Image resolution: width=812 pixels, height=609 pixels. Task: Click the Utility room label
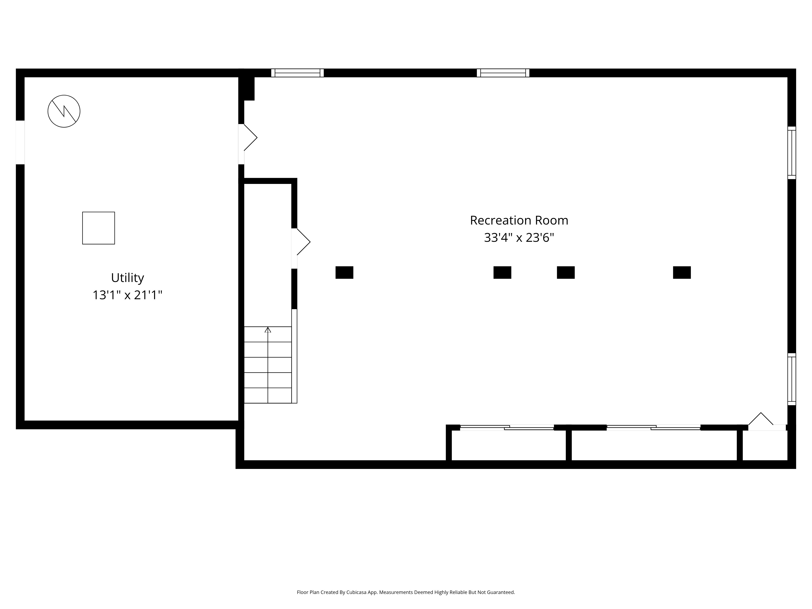click(127, 278)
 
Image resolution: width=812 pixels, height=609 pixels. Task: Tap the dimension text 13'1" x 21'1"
click(127, 295)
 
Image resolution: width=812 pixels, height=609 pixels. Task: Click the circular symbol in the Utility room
click(64, 111)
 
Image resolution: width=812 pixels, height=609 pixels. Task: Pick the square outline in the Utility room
click(98, 228)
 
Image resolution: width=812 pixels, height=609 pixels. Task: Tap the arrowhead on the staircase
click(268, 330)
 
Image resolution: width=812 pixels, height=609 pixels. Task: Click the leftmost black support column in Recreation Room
click(344, 272)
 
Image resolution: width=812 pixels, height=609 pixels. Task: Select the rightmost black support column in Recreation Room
click(682, 272)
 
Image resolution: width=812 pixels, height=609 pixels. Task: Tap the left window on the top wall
click(297, 73)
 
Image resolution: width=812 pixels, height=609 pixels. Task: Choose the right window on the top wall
click(503, 73)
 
